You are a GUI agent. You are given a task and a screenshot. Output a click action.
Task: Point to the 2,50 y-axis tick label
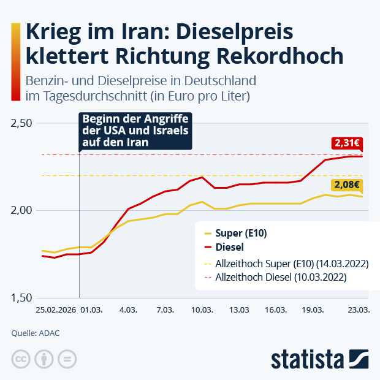(x=22, y=123)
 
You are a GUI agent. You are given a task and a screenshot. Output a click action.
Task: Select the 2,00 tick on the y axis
(x=22, y=210)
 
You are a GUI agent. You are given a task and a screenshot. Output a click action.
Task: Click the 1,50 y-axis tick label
(x=22, y=298)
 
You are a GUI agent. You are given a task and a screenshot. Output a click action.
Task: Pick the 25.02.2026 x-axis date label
(x=56, y=311)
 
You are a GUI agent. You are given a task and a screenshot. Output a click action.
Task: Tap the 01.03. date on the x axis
(x=91, y=311)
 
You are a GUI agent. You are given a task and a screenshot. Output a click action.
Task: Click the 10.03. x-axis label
(x=202, y=311)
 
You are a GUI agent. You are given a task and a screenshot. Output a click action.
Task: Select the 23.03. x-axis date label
(x=359, y=311)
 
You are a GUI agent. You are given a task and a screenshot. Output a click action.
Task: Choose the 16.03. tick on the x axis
(x=276, y=311)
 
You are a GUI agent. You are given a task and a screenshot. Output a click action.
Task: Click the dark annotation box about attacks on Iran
(x=135, y=131)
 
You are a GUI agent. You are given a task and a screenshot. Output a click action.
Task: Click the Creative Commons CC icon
(x=21, y=359)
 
